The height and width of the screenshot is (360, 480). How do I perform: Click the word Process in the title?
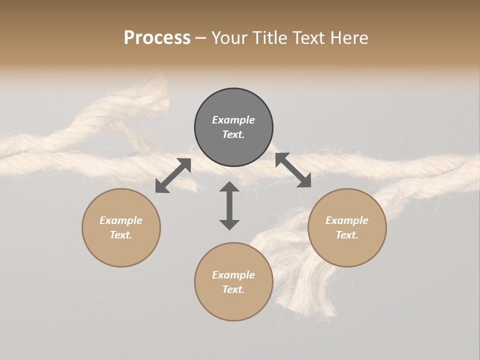coord(157,38)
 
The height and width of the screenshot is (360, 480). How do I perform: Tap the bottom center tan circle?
coord(233,305)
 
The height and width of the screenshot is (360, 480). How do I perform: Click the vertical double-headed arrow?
coord(229,205)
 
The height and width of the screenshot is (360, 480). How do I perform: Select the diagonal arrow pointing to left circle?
coord(173,175)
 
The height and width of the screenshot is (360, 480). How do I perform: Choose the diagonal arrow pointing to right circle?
coord(293,170)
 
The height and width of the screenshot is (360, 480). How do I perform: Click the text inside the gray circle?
coord(233,127)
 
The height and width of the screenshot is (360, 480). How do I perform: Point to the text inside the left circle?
coord(121,227)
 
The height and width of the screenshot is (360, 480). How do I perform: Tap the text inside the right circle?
coord(347,227)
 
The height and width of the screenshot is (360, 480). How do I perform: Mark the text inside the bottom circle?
coord(233,282)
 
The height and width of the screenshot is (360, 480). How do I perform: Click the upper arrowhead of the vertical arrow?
coord(229,187)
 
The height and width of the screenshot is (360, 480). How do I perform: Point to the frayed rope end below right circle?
coord(310,295)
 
